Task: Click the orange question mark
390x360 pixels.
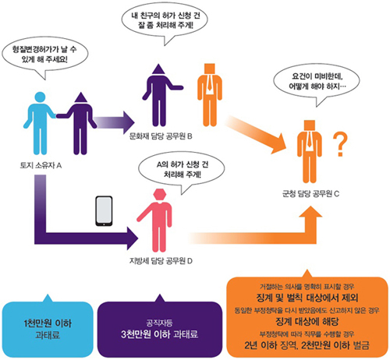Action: (340, 143)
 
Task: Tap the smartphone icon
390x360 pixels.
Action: (104, 210)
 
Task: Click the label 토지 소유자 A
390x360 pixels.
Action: (41, 165)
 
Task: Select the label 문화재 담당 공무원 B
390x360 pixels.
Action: (161, 136)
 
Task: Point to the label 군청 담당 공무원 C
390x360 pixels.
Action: (310, 193)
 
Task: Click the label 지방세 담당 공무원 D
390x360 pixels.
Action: (161, 260)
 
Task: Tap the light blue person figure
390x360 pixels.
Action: (40, 123)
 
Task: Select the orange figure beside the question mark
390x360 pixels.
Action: (310, 151)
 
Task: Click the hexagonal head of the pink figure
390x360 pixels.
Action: (159, 195)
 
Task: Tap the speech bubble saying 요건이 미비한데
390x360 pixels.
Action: (317, 84)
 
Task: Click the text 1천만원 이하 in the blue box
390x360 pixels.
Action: (48, 323)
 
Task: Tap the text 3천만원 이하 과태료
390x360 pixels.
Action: (160, 334)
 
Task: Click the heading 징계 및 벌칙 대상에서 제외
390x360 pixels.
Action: (307, 298)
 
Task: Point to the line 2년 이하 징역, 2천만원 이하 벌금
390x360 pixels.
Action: (307, 345)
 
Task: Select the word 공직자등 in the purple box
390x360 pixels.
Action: (159, 323)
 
